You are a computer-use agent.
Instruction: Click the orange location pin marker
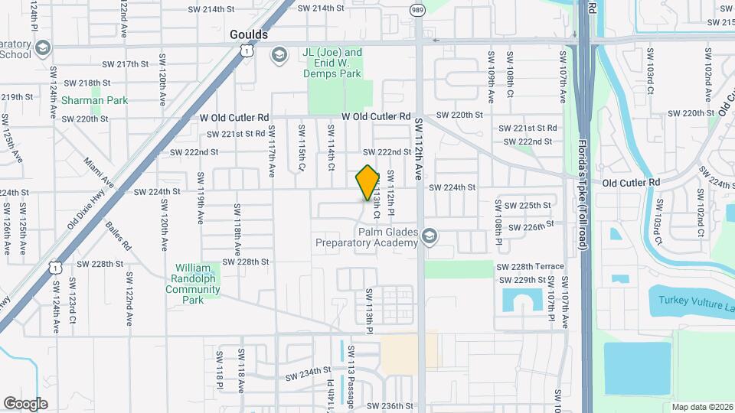pyautogui.click(x=367, y=183)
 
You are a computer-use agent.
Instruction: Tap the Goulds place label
pyautogui.click(x=249, y=35)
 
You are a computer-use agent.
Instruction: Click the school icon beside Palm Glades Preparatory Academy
pyautogui.click(x=430, y=235)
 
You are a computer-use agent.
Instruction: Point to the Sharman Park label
pyautogui.click(x=95, y=100)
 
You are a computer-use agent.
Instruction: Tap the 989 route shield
pyautogui.click(x=417, y=11)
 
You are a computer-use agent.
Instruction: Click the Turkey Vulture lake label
pyautogui.click(x=693, y=299)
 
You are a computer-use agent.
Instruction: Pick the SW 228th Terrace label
pyautogui.click(x=530, y=266)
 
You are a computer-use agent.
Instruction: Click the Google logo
pyautogui.click(x=25, y=404)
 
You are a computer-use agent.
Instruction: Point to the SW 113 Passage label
pyautogui.click(x=351, y=374)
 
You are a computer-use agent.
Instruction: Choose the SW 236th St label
pyautogui.click(x=390, y=406)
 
